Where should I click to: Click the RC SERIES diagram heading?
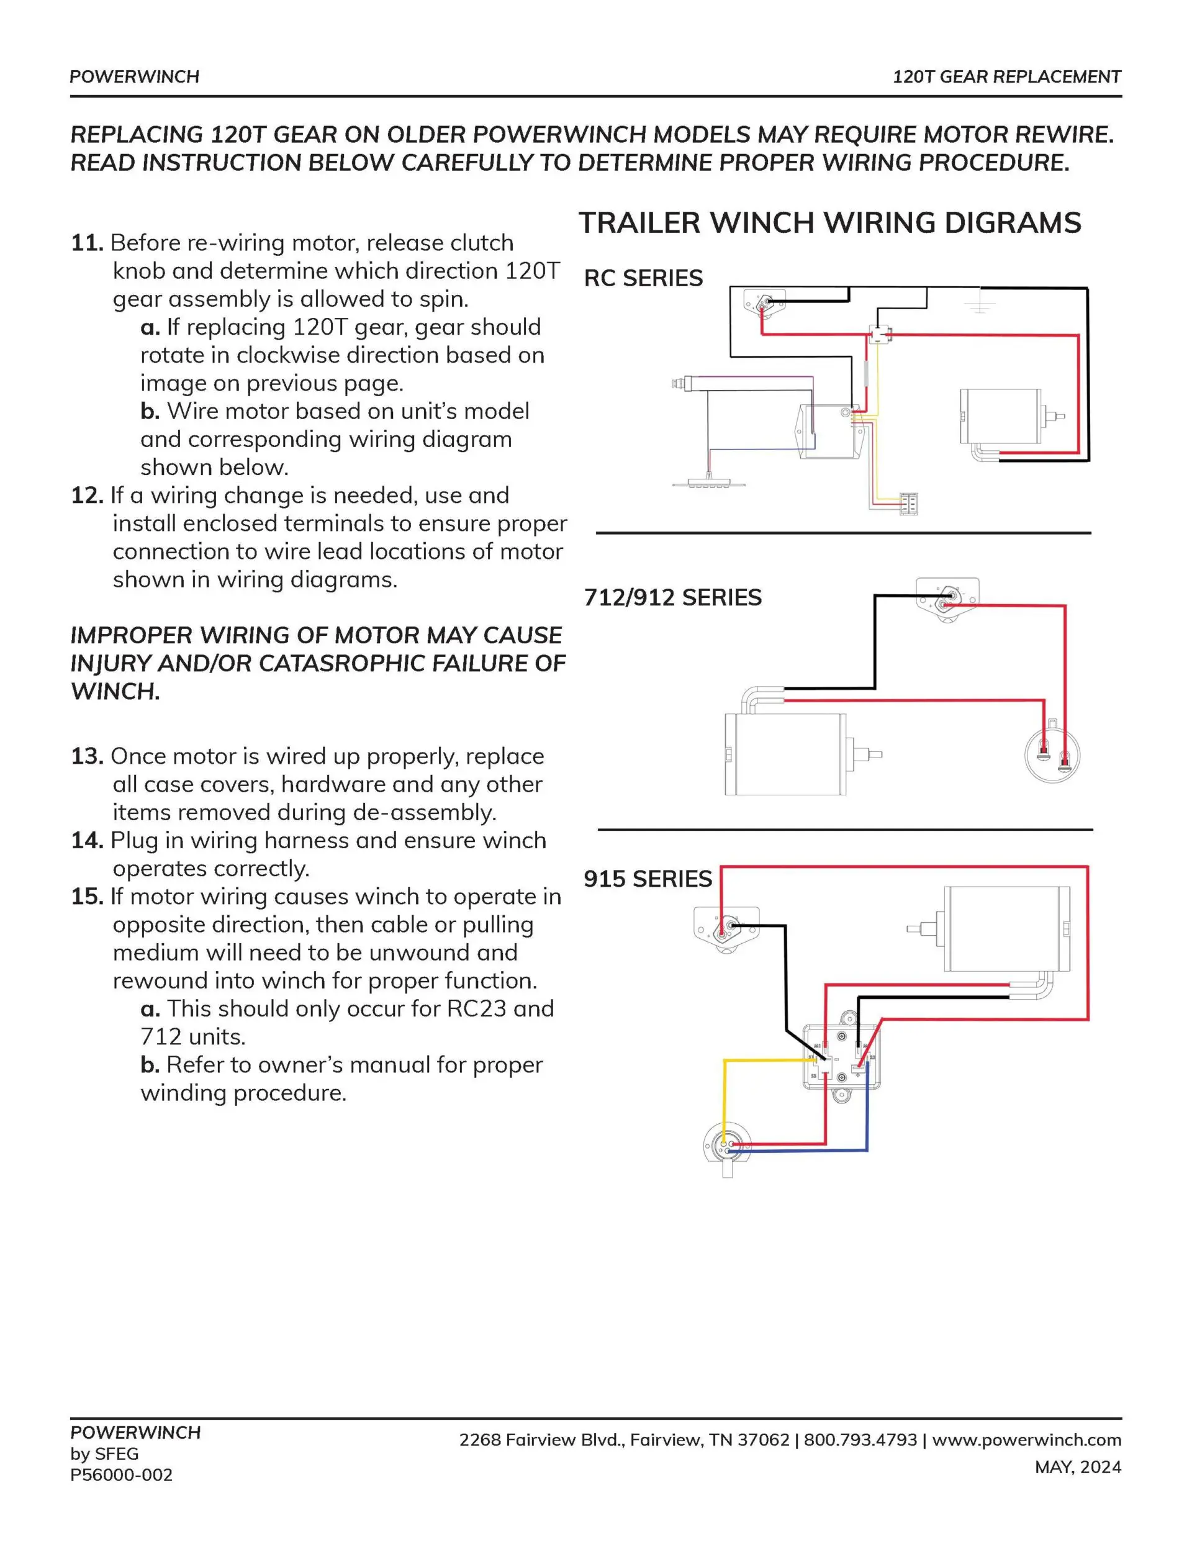(643, 278)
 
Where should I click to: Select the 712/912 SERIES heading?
(672, 598)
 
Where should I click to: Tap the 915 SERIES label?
(648, 879)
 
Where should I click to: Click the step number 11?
(86, 243)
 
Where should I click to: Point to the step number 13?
(86, 757)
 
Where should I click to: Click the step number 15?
(86, 897)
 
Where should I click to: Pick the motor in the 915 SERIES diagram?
(1007, 928)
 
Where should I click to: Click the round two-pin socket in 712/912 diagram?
(1052, 755)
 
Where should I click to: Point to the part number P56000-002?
(121, 1475)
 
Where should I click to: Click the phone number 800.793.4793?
(860, 1440)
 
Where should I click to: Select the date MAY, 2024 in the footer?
(1078, 1467)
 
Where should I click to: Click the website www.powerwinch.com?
(1026, 1440)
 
